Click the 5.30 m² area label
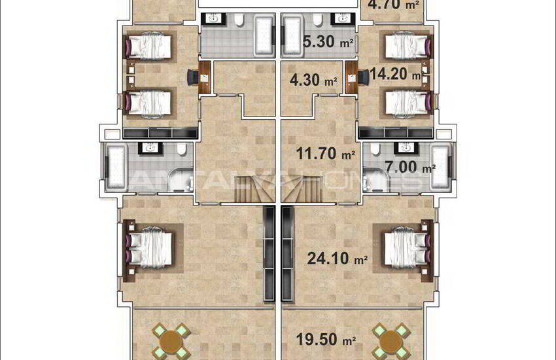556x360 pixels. [x=329, y=43]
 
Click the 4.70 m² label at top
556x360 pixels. [x=392, y=5]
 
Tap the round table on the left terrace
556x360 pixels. [x=171, y=340]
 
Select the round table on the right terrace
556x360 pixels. [x=389, y=340]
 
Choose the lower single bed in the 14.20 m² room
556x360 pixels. [x=406, y=102]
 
